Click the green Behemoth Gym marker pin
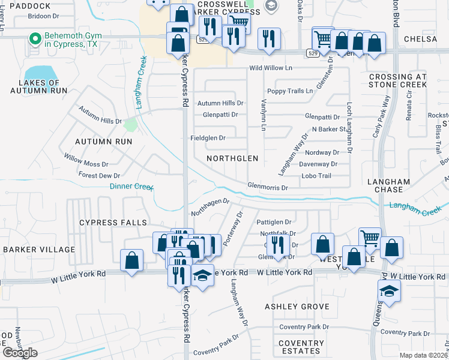pyautogui.click(x=35, y=40)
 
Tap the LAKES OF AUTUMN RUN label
pyautogui.click(x=38, y=86)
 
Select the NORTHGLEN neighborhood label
pyautogui.click(x=232, y=158)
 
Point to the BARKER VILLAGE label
pyautogui.click(x=39, y=250)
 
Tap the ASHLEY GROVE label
pyautogui.click(x=297, y=307)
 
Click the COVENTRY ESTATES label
pyautogui.click(x=301, y=347)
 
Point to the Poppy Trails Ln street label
pyautogui.click(x=291, y=91)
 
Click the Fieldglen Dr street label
pyautogui.click(x=208, y=138)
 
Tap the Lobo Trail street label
pyautogui.click(x=316, y=176)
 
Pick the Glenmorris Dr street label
pyautogui.click(x=268, y=187)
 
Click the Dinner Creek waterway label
pyautogui.click(x=132, y=187)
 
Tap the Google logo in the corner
pyautogui.click(x=20, y=352)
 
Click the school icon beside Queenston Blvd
pyautogui.click(x=389, y=292)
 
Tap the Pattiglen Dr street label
pyautogui.click(x=274, y=222)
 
